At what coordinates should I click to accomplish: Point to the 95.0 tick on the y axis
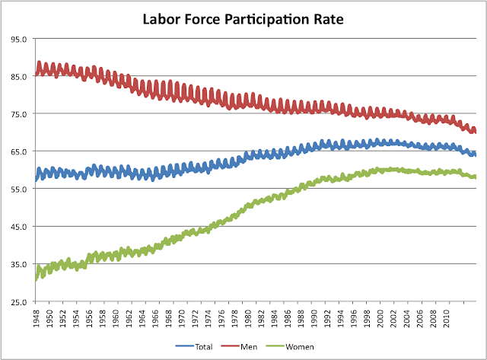tap(19, 39)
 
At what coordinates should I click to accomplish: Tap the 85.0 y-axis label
tap(19, 76)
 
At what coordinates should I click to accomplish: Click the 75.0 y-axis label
tap(19, 114)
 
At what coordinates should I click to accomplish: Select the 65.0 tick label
tap(19, 151)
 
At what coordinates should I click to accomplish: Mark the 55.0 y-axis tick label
tap(19, 189)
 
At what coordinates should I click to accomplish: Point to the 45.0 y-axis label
tap(19, 227)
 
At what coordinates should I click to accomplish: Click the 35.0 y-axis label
tap(19, 264)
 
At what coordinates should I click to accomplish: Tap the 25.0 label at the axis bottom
tap(19, 302)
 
